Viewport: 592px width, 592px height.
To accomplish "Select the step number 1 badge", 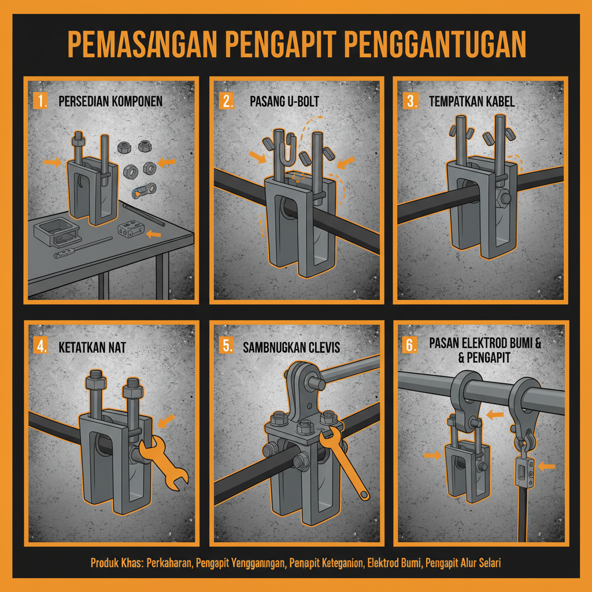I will tap(42, 101).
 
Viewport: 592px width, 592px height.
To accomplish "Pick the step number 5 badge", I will tap(227, 347).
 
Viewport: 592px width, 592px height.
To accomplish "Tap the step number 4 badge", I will tap(42, 348).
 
